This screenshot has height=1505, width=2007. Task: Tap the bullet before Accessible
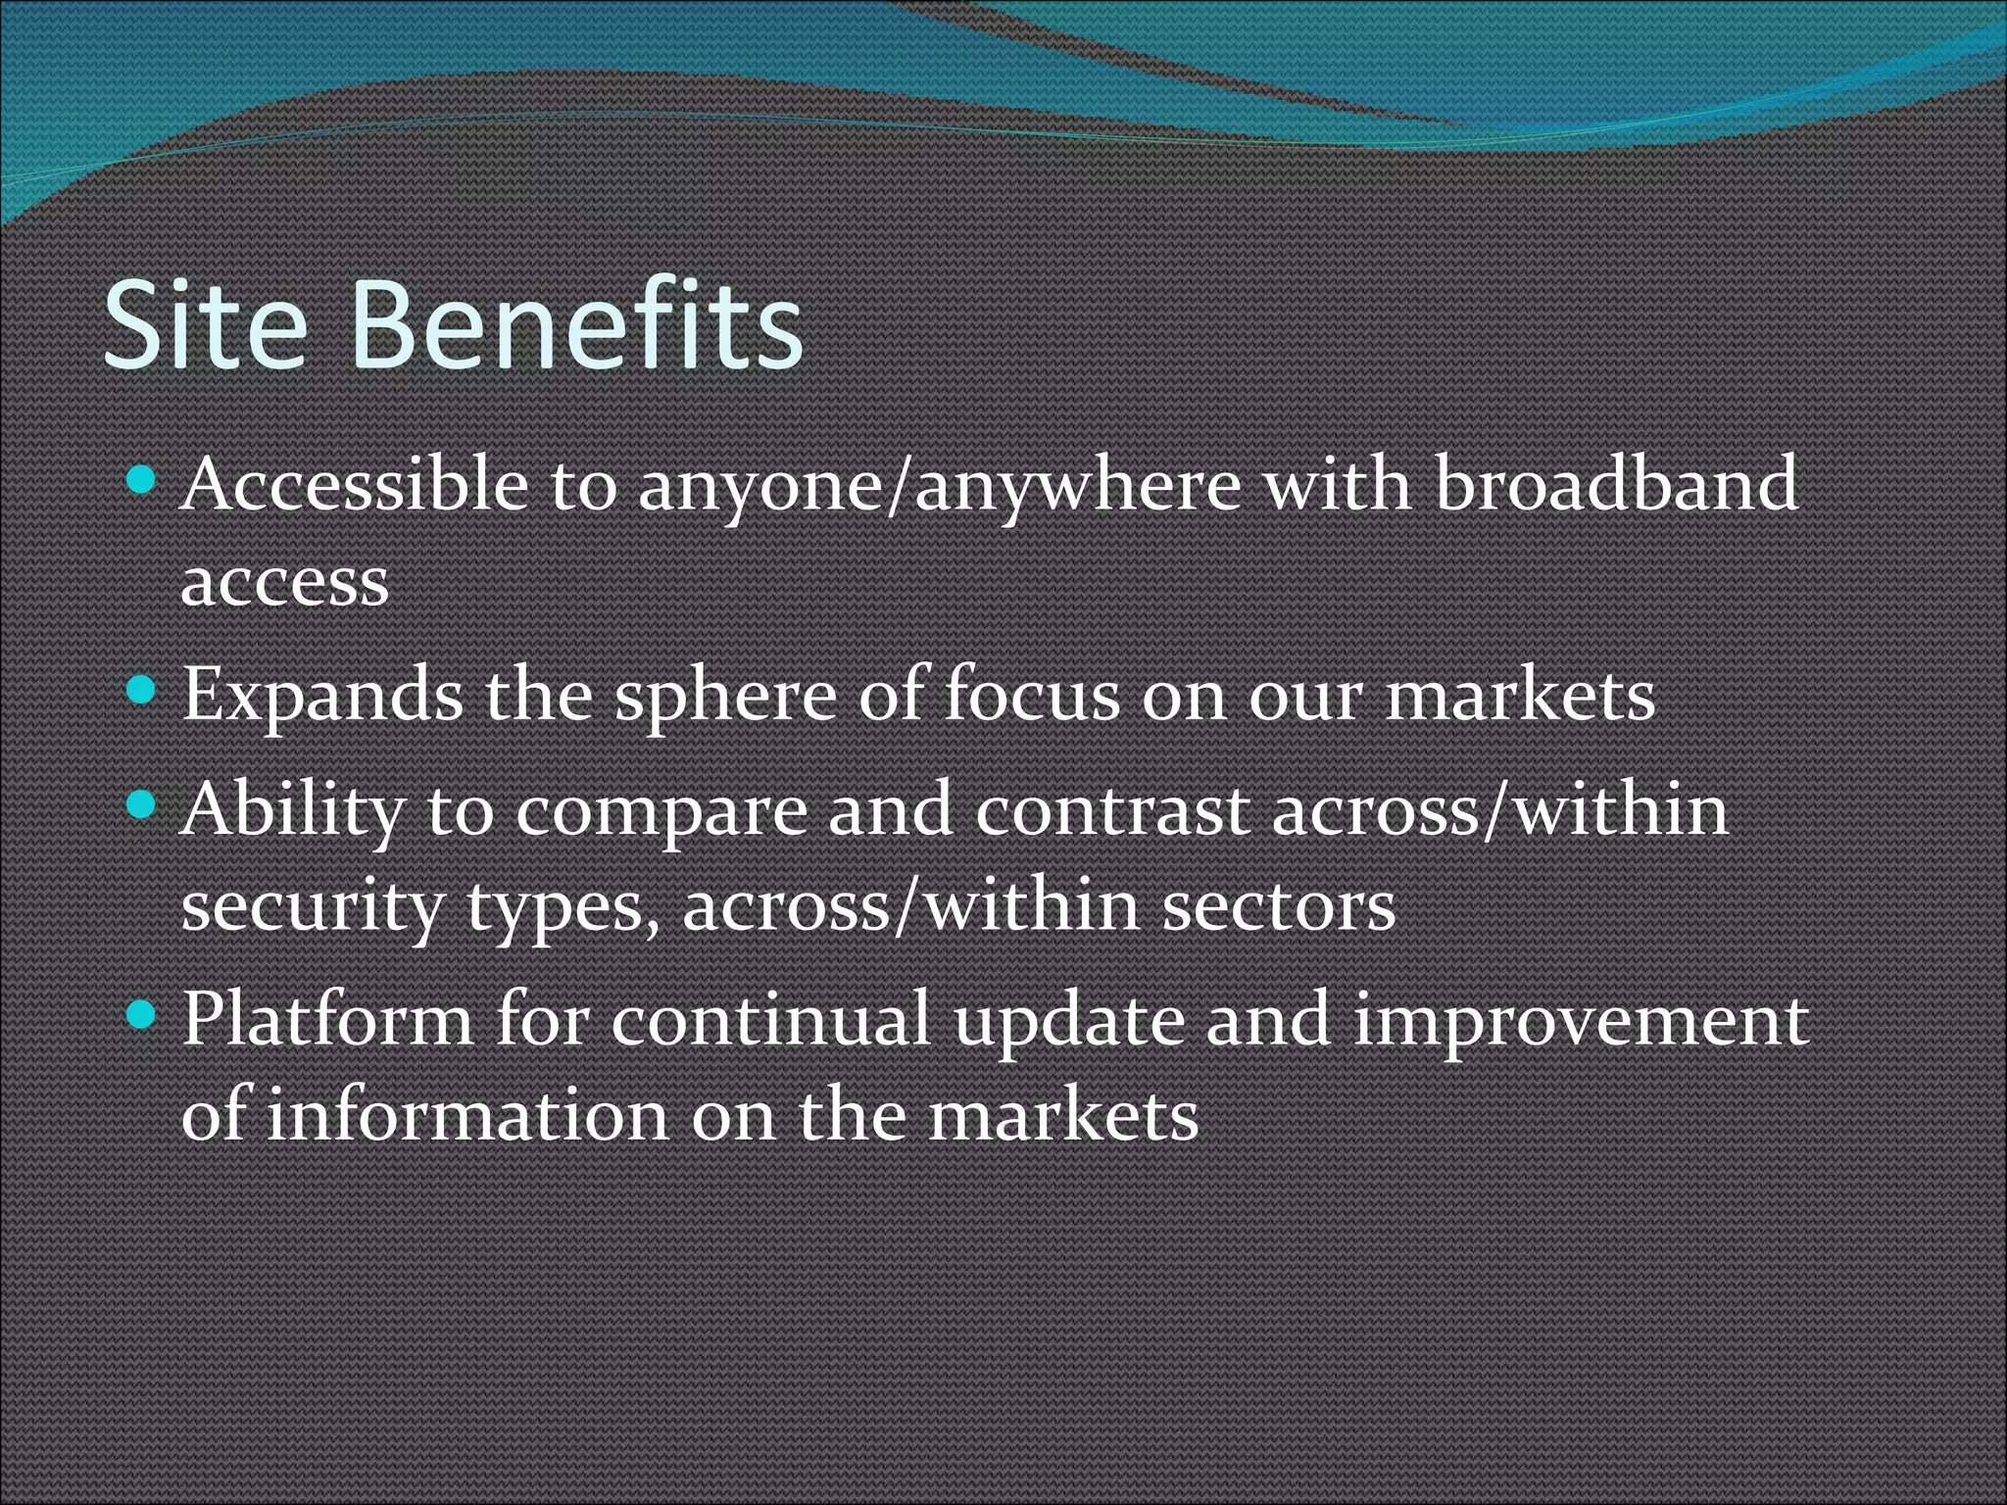click(142, 481)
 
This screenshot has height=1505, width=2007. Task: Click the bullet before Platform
click(142, 1016)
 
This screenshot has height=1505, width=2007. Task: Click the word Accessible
click(355, 485)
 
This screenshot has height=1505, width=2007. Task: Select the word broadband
click(1617, 485)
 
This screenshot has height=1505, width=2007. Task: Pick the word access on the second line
click(285, 584)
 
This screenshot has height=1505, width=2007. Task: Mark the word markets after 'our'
click(1520, 696)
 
